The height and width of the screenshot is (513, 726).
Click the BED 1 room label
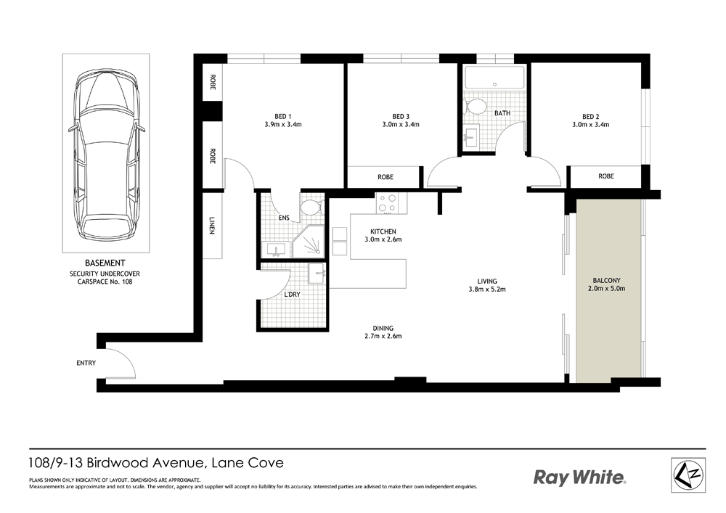click(x=283, y=117)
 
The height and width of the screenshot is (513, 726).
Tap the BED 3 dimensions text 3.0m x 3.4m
click(x=401, y=124)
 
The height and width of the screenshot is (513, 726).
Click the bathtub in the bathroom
click(x=494, y=78)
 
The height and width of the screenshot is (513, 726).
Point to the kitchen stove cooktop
click(x=388, y=204)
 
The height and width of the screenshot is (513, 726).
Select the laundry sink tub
click(x=317, y=274)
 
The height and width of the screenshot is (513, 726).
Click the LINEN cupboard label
click(x=212, y=226)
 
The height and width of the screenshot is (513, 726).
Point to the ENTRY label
click(x=86, y=363)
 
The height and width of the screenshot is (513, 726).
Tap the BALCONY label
click(x=606, y=280)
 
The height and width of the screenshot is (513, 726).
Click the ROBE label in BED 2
click(x=606, y=176)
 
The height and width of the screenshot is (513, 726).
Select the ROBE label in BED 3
click(x=386, y=177)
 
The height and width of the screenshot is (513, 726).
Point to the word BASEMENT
click(x=105, y=263)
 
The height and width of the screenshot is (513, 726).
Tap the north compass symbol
click(x=688, y=475)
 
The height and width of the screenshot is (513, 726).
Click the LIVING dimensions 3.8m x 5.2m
click(x=487, y=290)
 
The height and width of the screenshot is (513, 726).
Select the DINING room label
click(x=383, y=328)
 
